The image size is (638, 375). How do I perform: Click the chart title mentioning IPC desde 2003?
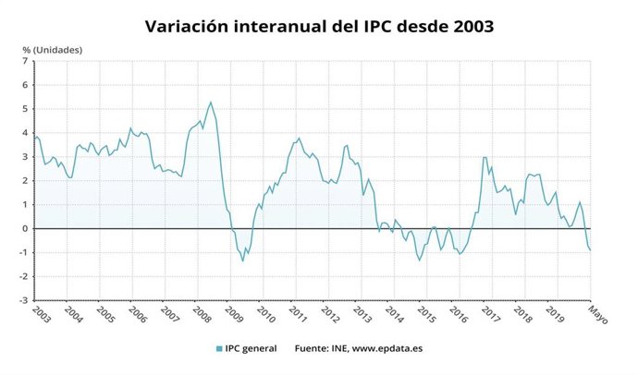(319, 26)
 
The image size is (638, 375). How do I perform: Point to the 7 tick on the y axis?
(25, 61)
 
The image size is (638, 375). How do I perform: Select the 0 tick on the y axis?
(25, 228)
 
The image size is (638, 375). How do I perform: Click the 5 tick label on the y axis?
(25, 109)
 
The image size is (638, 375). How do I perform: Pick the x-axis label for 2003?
(42, 313)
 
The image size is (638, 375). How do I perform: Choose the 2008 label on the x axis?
(202, 313)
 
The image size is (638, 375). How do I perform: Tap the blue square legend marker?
(218, 348)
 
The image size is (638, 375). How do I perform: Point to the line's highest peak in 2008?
(211, 103)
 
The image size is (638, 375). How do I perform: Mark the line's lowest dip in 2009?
(243, 260)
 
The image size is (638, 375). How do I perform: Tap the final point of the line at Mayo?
(591, 249)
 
